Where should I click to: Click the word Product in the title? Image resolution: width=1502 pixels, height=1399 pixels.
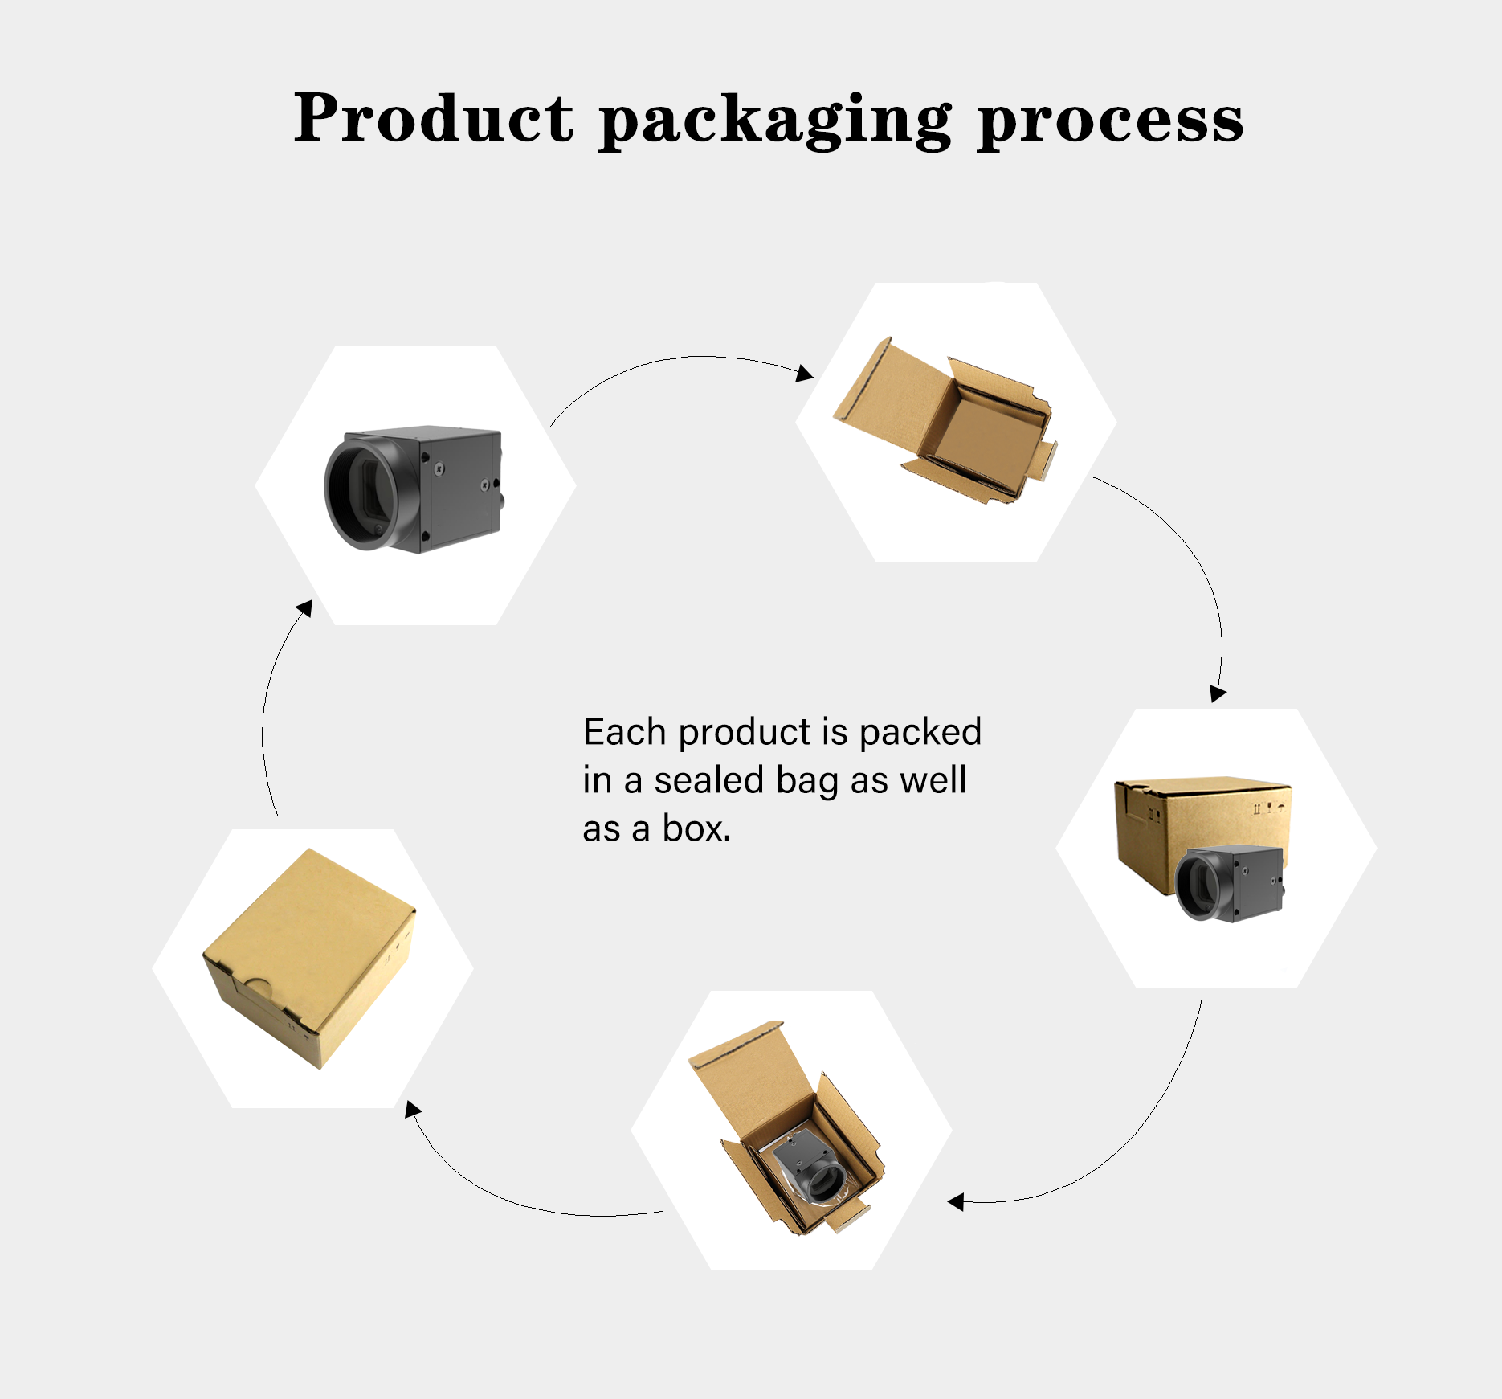click(x=434, y=119)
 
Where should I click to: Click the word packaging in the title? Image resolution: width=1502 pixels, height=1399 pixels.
click(x=775, y=121)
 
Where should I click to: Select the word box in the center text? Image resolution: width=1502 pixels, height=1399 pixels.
click(x=695, y=828)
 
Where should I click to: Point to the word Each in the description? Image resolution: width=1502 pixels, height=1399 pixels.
click(x=625, y=732)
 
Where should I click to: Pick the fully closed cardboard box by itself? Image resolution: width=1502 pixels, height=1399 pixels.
click(x=309, y=956)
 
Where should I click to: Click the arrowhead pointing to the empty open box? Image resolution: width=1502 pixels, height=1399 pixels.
click(x=804, y=374)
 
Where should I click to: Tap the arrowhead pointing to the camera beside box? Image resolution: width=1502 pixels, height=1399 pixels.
click(x=1218, y=693)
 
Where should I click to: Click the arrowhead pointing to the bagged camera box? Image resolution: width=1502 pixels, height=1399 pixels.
click(x=956, y=1202)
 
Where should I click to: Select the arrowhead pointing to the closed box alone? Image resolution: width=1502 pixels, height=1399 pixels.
click(x=413, y=1110)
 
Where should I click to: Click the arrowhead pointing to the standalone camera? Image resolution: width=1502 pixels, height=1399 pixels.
click(x=304, y=608)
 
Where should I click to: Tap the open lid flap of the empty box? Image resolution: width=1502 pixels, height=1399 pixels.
click(x=875, y=386)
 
